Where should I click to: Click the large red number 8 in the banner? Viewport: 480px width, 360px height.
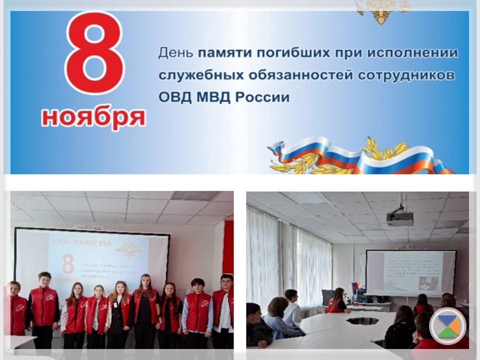pyautogui.click(x=95, y=54)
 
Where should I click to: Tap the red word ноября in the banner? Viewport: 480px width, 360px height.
pyautogui.click(x=93, y=117)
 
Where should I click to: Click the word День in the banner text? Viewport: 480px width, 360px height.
pyautogui.click(x=175, y=52)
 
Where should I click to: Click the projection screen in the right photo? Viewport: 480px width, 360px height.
pyautogui.click(x=410, y=272)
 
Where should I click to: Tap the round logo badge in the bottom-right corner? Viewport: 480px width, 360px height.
pyautogui.click(x=447, y=326)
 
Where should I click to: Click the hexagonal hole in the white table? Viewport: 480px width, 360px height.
pyautogui.click(x=362, y=320)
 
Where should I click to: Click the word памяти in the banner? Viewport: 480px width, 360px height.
pyautogui.click(x=223, y=52)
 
